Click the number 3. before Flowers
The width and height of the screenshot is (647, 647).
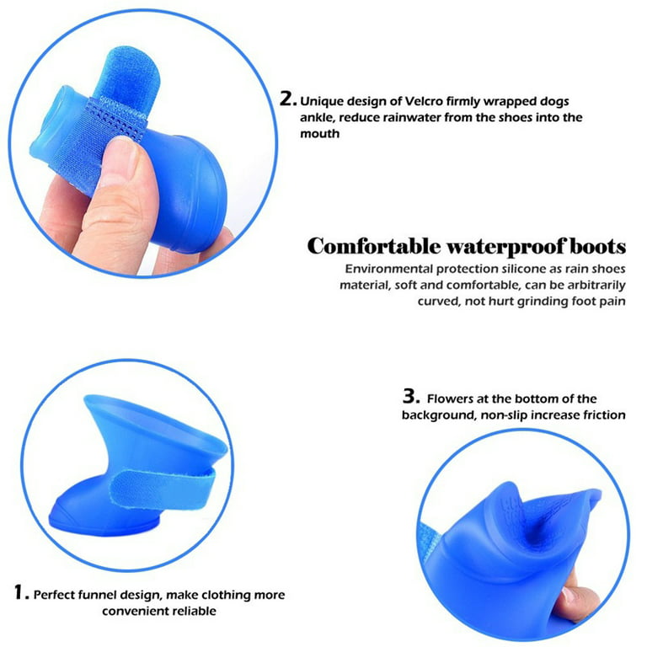[409, 396]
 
